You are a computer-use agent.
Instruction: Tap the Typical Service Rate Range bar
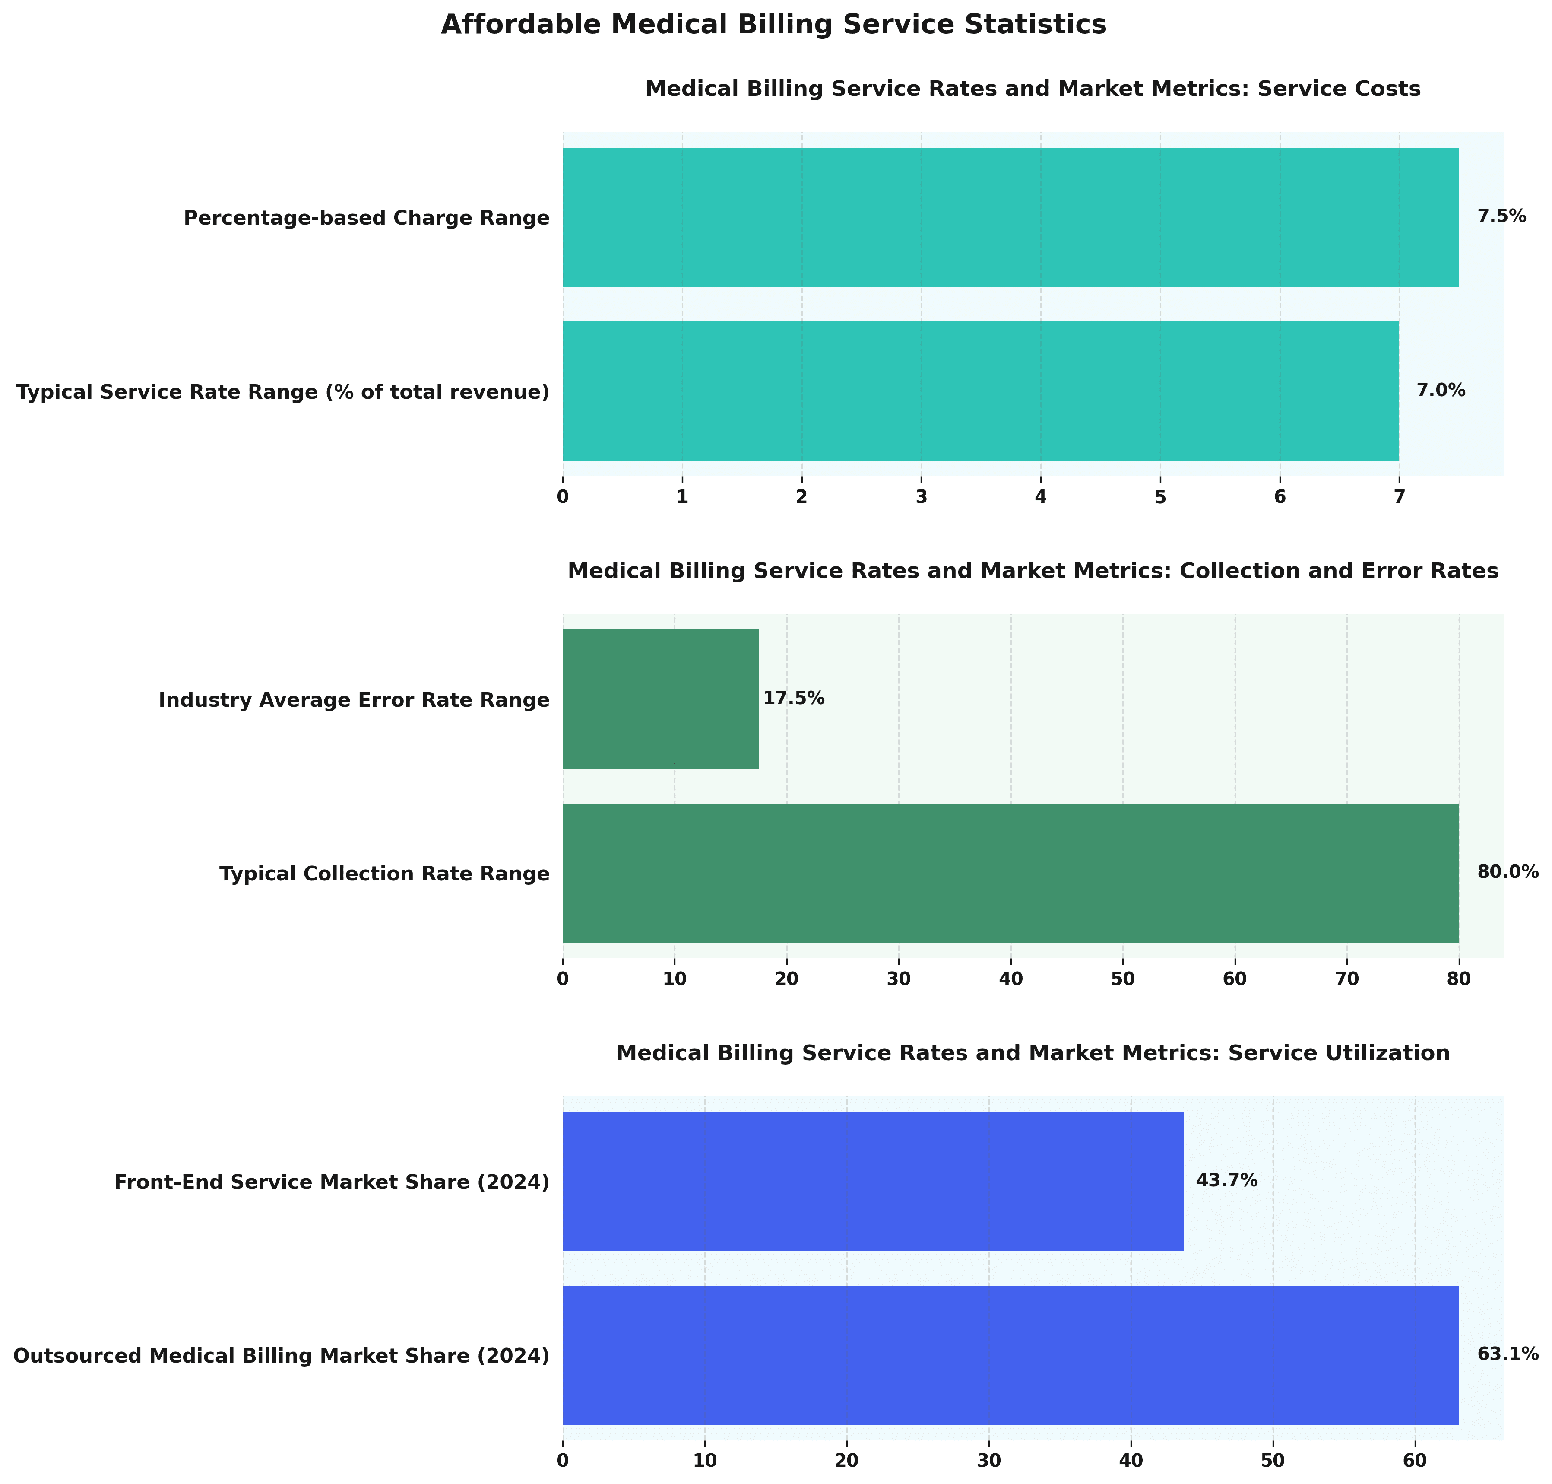point(980,391)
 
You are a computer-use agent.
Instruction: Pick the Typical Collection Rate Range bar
point(1010,873)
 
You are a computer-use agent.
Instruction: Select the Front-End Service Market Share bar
point(872,1181)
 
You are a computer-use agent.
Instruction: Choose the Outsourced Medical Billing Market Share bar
point(1010,1355)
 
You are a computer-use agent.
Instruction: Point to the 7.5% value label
point(1501,217)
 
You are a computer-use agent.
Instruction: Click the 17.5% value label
point(794,699)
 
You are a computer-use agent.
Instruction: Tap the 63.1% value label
point(1508,1355)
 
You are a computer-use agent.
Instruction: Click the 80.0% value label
point(1508,873)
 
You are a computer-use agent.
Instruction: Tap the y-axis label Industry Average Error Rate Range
point(353,700)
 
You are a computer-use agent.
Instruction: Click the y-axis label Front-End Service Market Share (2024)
point(331,1182)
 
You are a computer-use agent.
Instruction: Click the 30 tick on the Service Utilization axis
point(989,1462)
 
